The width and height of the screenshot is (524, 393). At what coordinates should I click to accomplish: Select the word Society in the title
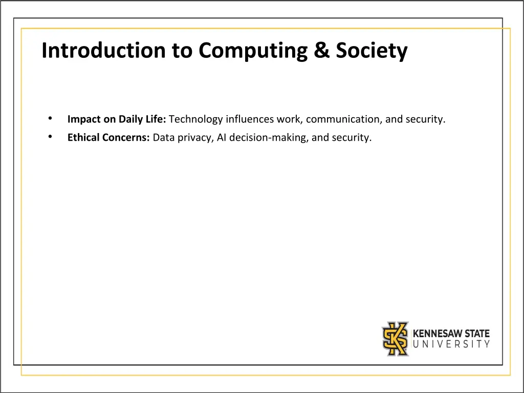372,51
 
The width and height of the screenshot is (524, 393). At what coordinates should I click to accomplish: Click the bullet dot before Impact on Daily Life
50,119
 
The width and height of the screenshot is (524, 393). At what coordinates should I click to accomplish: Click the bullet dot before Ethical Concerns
50,137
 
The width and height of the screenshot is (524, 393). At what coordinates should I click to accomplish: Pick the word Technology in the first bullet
195,120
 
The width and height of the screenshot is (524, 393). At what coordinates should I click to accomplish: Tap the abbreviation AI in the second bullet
222,137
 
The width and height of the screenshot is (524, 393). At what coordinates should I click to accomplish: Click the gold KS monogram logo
396,338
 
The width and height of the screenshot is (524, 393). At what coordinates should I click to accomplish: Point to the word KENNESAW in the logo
435,334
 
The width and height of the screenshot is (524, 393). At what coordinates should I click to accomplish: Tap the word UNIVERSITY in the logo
451,344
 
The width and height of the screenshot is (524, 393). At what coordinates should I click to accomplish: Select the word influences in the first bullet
250,119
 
